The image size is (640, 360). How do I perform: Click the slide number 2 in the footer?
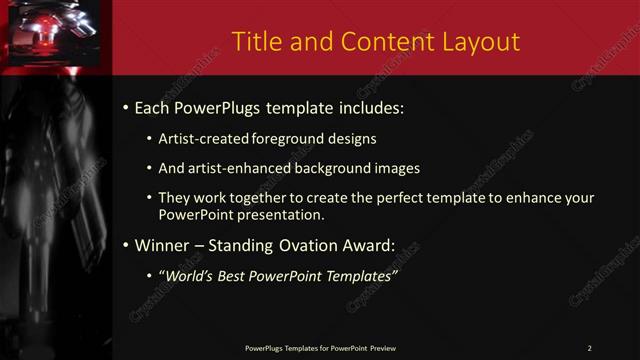[x=589, y=347]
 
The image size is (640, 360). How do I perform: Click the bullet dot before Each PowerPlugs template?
[x=124, y=108]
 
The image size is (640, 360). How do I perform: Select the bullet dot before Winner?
[x=124, y=245]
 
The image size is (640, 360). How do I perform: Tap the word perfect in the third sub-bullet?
[x=394, y=198]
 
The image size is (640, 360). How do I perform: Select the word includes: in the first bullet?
[x=373, y=108]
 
